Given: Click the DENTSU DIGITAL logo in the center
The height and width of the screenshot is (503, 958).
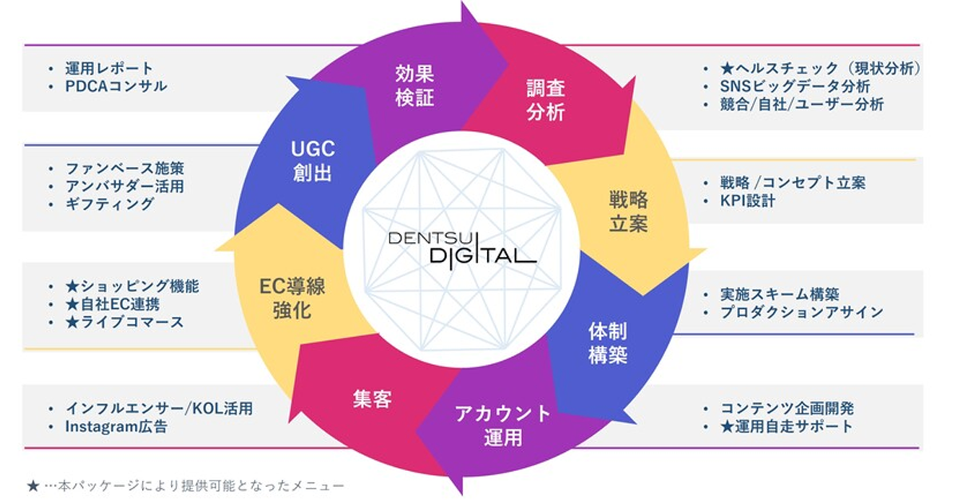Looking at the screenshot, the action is [x=462, y=250].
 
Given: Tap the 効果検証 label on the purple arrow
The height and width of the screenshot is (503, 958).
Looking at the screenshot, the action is [x=414, y=85].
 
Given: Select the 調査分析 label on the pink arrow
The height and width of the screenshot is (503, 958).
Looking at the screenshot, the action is [x=546, y=100].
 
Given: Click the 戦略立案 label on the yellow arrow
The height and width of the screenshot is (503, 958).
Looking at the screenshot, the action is [x=628, y=212].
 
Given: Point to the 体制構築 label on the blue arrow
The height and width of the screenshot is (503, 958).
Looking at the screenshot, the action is [x=608, y=343].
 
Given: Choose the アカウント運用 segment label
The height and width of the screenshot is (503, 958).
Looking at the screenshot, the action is [x=503, y=426].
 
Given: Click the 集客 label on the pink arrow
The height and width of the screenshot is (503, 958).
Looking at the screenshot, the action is [x=372, y=399].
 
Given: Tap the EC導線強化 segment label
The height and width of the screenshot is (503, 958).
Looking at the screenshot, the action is [x=292, y=299].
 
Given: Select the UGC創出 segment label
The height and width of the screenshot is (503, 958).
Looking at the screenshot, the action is [x=313, y=161].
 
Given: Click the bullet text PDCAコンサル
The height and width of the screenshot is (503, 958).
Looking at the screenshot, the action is [x=116, y=86].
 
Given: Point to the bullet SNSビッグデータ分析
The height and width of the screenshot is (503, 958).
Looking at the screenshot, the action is [x=795, y=86].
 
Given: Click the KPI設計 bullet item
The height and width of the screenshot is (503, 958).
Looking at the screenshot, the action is [x=747, y=200].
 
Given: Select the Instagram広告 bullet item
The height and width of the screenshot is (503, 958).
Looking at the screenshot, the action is [x=116, y=426].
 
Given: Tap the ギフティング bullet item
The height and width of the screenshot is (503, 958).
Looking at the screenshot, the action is [x=109, y=204].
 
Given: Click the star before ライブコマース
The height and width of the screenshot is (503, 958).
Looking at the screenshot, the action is [x=73, y=322].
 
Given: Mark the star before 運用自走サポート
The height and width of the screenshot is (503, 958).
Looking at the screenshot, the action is [x=727, y=426].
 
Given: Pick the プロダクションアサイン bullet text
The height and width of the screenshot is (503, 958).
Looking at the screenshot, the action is [x=802, y=312].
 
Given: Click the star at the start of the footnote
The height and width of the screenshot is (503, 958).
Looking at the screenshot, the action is [x=33, y=486].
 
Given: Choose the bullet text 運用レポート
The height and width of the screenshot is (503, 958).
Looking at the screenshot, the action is [x=109, y=69].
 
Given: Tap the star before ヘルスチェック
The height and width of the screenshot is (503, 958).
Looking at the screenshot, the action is [x=727, y=69].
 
